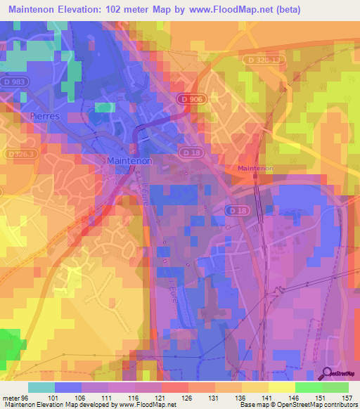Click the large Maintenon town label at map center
point(131,160)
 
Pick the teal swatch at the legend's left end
point(41,387)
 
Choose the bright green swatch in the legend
point(308,387)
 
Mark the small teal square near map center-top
point(105,108)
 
